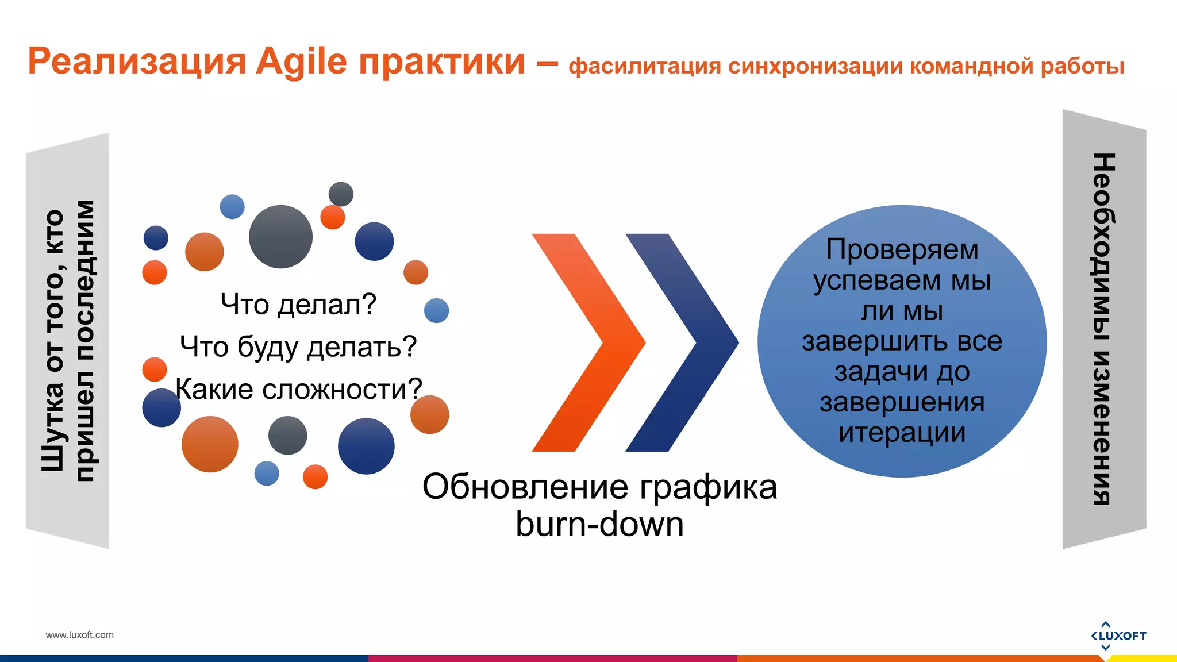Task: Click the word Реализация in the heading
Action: (x=137, y=61)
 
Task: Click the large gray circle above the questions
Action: (x=280, y=237)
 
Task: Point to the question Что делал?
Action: (x=298, y=304)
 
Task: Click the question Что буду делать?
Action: (x=298, y=347)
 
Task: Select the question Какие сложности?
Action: (x=298, y=389)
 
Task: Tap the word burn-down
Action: (x=599, y=524)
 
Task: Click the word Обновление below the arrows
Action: (x=525, y=487)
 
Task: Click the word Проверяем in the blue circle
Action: (x=902, y=250)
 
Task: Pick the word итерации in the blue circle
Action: (x=902, y=433)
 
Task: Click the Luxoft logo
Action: (x=1118, y=636)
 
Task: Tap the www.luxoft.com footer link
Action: (x=79, y=635)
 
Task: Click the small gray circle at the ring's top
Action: (x=341, y=194)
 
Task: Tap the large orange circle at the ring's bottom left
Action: (x=210, y=444)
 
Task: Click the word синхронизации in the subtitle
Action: (x=816, y=66)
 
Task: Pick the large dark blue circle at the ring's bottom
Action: (x=366, y=447)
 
